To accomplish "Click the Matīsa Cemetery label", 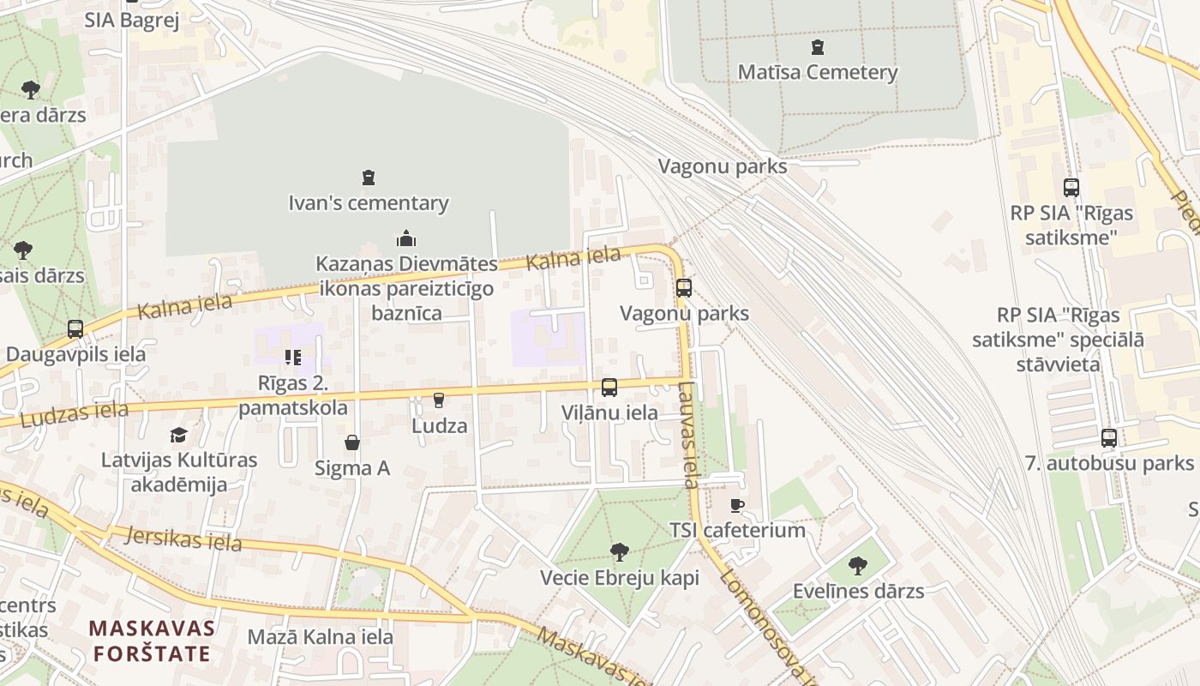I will (817, 72).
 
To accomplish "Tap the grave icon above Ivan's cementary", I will (369, 178).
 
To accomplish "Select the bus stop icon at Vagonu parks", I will (683, 287).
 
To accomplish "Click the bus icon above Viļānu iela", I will (609, 387).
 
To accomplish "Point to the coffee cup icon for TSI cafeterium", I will (736, 505).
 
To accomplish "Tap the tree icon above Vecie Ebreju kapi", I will (619, 551).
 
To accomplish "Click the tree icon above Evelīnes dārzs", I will (857, 565).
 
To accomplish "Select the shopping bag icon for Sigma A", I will (351, 442).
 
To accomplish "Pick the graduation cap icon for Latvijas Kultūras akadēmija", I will (178, 435).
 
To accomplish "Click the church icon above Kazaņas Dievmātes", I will (406, 238).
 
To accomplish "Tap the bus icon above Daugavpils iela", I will (75, 328).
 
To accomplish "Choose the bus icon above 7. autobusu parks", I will (1109, 438).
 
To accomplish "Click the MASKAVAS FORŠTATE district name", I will (152, 641).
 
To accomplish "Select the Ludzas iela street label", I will (74, 415).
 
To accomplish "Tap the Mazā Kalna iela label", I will (320, 637).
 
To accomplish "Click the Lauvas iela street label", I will (688, 435).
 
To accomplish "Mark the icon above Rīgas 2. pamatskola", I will (293, 357).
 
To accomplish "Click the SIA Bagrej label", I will (131, 21).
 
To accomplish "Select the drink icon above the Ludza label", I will (439, 400).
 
